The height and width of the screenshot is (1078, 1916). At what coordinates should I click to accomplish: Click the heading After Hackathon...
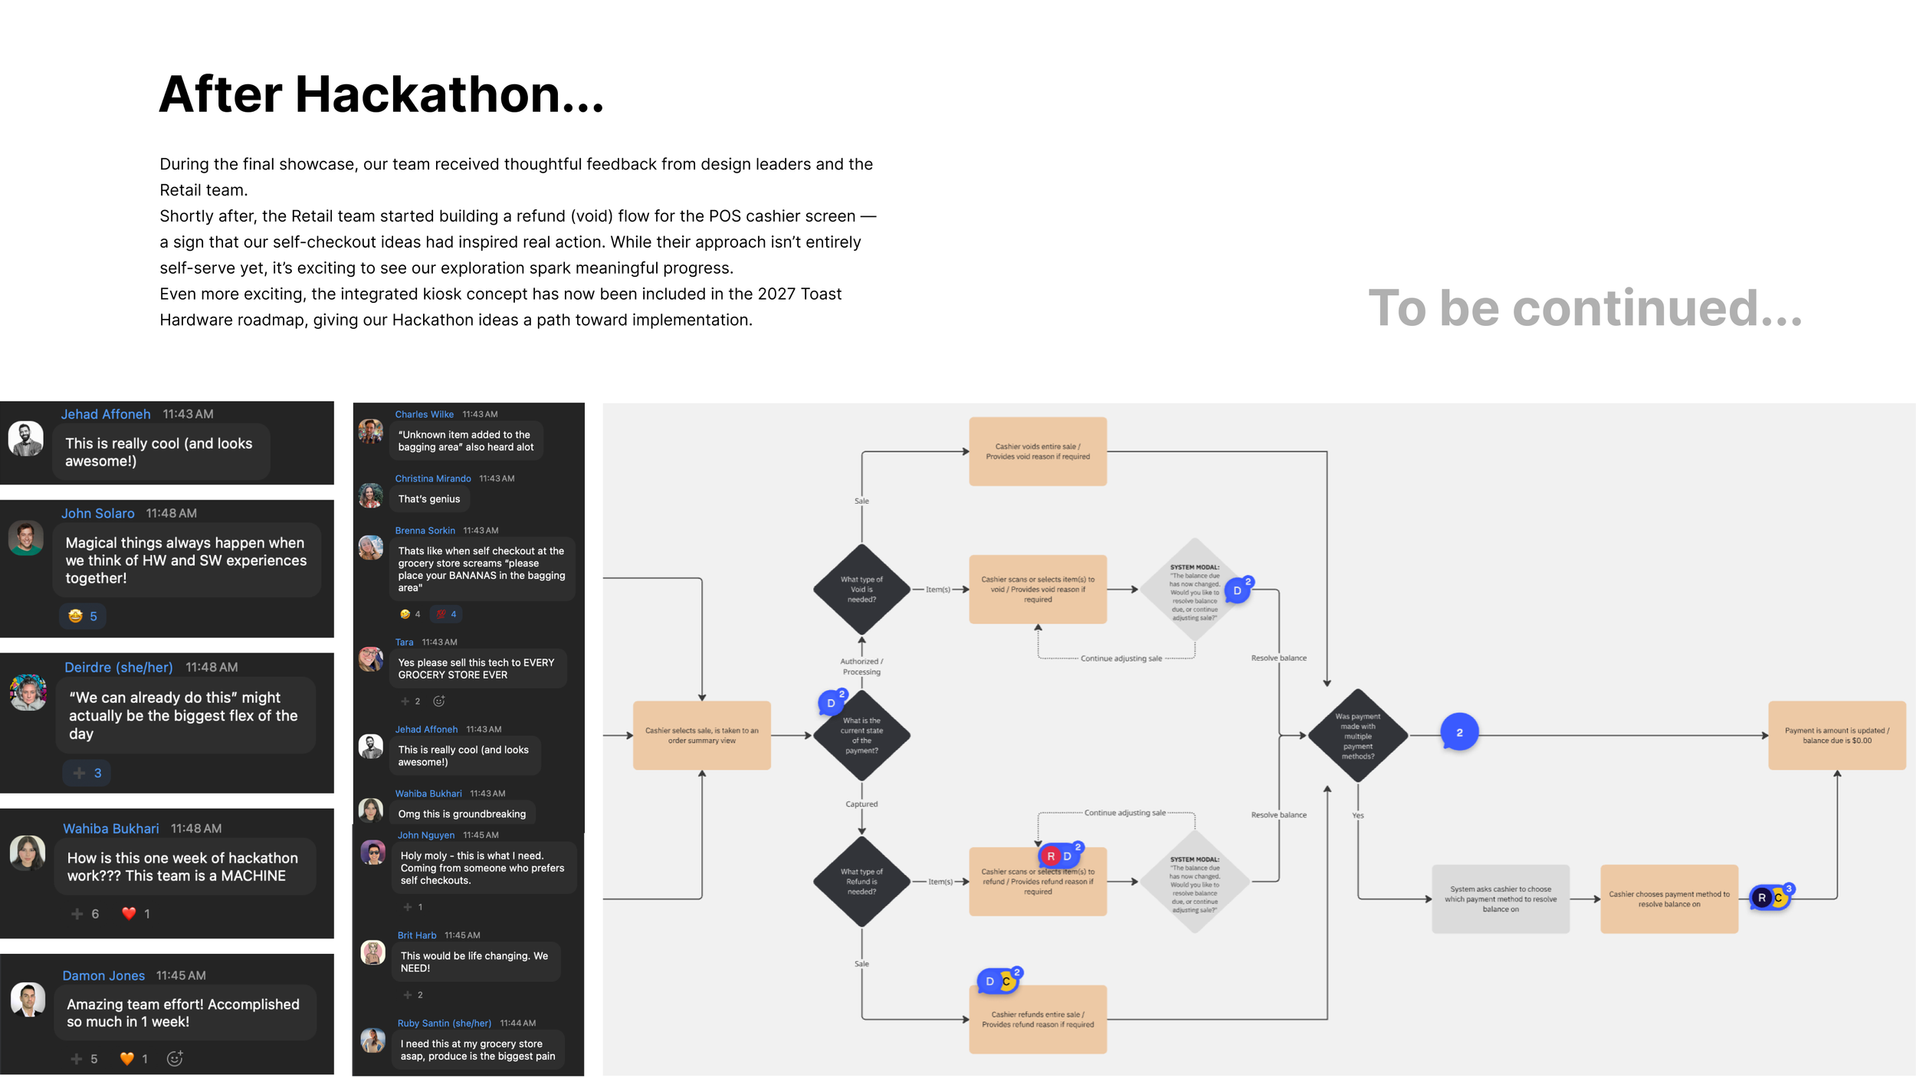(381, 94)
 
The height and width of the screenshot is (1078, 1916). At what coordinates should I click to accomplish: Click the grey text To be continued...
(1584, 308)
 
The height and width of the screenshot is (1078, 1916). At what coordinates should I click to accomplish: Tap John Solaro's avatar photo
(26, 538)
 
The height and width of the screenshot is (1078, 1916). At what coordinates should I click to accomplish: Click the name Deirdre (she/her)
(118, 667)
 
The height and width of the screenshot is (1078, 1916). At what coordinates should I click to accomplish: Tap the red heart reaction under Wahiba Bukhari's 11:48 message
(129, 913)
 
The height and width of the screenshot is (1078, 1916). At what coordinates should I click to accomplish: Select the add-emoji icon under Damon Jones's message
(175, 1059)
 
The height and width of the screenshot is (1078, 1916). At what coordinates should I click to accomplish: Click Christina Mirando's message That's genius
(428, 499)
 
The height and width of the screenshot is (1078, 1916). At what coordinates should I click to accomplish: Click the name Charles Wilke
(424, 414)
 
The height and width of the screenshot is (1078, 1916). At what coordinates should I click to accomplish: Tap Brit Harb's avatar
(372, 952)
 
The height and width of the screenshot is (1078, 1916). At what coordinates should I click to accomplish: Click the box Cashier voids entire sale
(1038, 452)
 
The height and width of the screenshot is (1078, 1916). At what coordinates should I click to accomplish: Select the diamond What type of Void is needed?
(861, 590)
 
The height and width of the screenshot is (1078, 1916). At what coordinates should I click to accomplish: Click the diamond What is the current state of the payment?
(861, 735)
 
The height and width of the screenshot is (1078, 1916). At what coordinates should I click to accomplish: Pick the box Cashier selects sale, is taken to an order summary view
(701, 735)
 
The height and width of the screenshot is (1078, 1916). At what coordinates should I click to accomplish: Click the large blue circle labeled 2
(1459, 733)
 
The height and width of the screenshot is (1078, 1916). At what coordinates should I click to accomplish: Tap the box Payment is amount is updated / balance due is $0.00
(1836, 735)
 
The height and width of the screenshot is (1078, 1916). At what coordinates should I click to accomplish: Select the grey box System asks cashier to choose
(1500, 899)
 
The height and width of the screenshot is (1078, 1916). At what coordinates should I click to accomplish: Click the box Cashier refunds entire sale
(1038, 1019)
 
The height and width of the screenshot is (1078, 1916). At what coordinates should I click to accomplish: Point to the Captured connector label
(861, 804)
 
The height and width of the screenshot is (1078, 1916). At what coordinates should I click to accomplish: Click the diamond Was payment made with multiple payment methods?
(1357, 736)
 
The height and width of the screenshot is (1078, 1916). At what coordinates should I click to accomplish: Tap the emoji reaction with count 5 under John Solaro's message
(83, 616)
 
